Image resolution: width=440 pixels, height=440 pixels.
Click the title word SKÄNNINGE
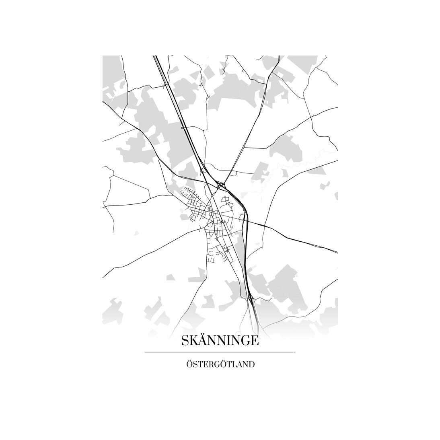(220, 341)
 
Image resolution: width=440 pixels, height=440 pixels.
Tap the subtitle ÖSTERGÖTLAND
(220, 365)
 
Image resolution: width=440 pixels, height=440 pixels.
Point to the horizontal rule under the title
(220, 352)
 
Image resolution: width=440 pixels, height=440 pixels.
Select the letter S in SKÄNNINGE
(185, 341)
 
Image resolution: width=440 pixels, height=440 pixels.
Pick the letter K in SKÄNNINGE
(193, 341)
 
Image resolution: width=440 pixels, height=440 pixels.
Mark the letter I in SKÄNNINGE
(229, 341)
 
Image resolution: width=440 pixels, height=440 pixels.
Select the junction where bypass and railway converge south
(249, 298)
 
